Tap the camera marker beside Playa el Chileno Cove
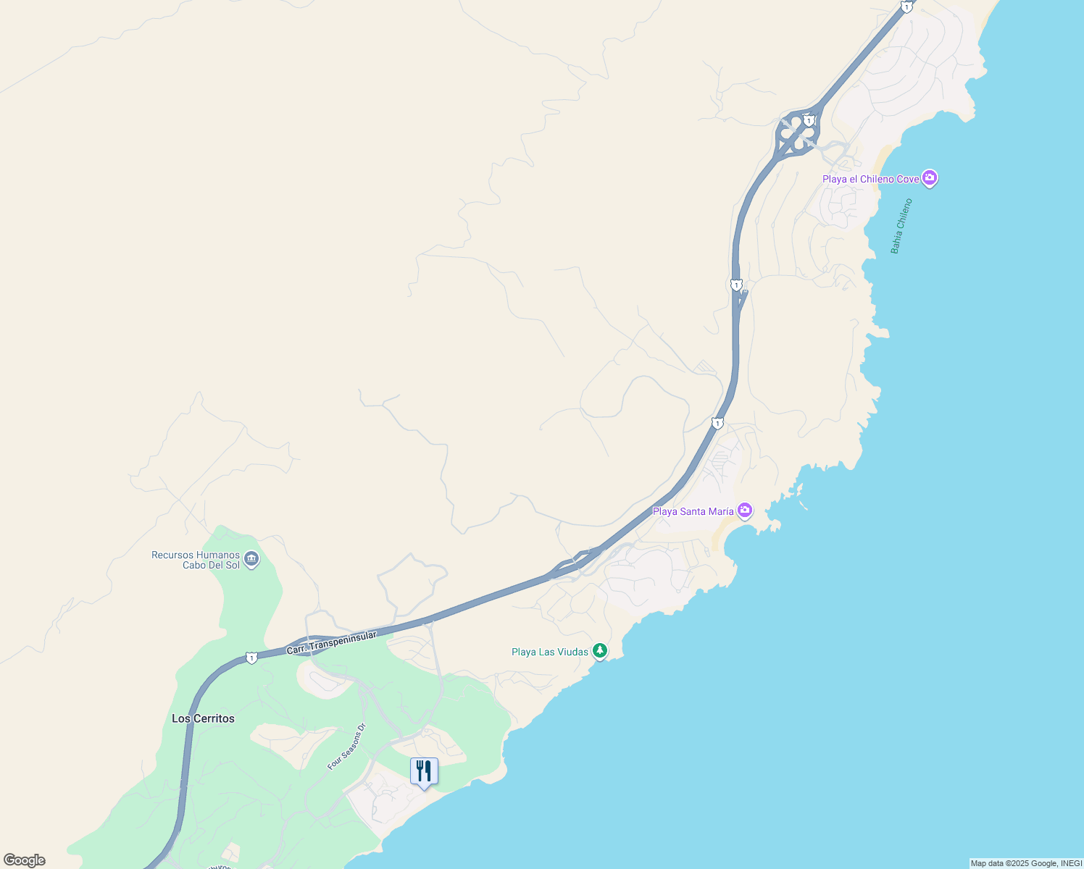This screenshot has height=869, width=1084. pyautogui.click(x=930, y=177)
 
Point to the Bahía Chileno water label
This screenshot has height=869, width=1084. pyautogui.click(x=901, y=226)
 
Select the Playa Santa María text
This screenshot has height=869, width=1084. pyautogui.click(x=693, y=511)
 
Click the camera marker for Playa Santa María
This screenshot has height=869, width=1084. pyautogui.click(x=745, y=511)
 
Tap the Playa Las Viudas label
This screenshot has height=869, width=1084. pyautogui.click(x=549, y=652)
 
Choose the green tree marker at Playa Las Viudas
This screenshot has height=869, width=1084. pyautogui.click(x=600, y=650)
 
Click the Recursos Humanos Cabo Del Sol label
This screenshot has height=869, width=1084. pyautogui.click(x=196, y=560)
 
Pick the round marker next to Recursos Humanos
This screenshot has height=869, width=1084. pyautogui.click(x=251, y=559)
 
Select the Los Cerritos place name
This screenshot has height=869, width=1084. pyautogui.click(x=203, y=718)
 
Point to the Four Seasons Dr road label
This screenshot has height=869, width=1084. pyautogui.click(x=346, y=747)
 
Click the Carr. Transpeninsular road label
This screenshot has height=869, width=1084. pyautogui.click(x=332, y=642)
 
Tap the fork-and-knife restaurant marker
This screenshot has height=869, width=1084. pyautogui.click(x=424, y=771)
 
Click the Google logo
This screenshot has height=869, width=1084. pyautogui.click(x=25, y=860)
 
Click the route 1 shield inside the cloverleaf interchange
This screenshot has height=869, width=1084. pyautogui.click(x=809, y=120)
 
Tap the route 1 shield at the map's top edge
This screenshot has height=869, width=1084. pyautogui.click(x=906, y=7)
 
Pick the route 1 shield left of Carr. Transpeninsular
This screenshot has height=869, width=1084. pyautogui.click(x=251, y=658)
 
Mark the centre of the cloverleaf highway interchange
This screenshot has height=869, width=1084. pyautogui.click(x=797, y=133)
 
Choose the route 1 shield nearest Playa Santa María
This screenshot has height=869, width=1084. pyautogui.click(x=717, y=424)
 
